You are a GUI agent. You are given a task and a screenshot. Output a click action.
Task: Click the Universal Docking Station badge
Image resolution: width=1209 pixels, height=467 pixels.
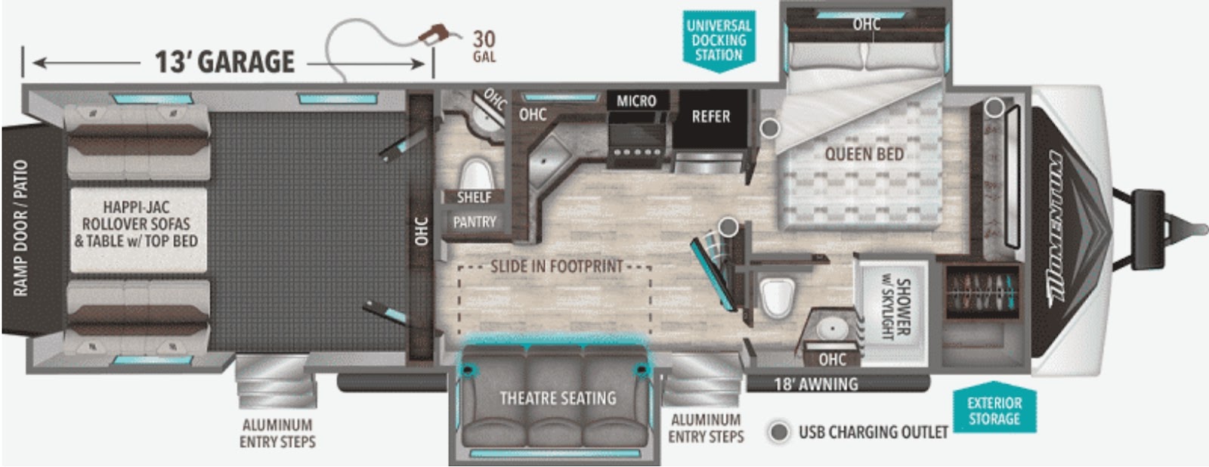[719, 41]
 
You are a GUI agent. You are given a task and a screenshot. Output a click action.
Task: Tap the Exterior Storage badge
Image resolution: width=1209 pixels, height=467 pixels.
[994, 410]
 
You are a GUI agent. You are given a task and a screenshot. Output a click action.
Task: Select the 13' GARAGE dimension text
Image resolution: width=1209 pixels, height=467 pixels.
[224, 61]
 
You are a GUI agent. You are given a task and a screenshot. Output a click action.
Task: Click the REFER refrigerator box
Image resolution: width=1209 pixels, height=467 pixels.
[711, 117]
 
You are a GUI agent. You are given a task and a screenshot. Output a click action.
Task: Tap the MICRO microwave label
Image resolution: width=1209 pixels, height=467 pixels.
[636, 101]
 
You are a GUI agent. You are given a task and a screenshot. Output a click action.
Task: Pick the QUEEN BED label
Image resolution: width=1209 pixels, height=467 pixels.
[864, 154]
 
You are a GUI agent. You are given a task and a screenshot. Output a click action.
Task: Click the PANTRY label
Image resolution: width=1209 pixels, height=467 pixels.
[474, 222]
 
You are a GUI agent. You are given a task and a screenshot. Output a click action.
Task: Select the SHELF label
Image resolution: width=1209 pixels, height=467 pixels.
[474, 197]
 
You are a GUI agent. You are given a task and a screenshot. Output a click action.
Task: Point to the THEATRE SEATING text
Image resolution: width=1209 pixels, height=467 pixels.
[558, 398]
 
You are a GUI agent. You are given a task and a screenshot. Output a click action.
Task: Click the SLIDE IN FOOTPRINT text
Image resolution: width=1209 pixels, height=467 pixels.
[556, 266]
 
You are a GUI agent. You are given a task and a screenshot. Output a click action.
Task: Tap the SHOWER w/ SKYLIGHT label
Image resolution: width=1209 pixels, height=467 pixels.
[896, 309]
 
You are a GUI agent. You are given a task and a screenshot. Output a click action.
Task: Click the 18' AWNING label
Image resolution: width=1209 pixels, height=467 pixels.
[815, 385]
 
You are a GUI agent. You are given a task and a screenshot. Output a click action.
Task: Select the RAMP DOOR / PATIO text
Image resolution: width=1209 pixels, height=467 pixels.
[20, 227]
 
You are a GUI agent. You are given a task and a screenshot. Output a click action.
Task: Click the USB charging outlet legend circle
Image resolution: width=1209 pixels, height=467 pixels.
[779, 432]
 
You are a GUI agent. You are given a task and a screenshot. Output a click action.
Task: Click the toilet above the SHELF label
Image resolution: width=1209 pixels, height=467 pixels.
[477, 173]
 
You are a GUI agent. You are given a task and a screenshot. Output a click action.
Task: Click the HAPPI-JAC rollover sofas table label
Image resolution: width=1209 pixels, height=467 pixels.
[137, 224]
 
